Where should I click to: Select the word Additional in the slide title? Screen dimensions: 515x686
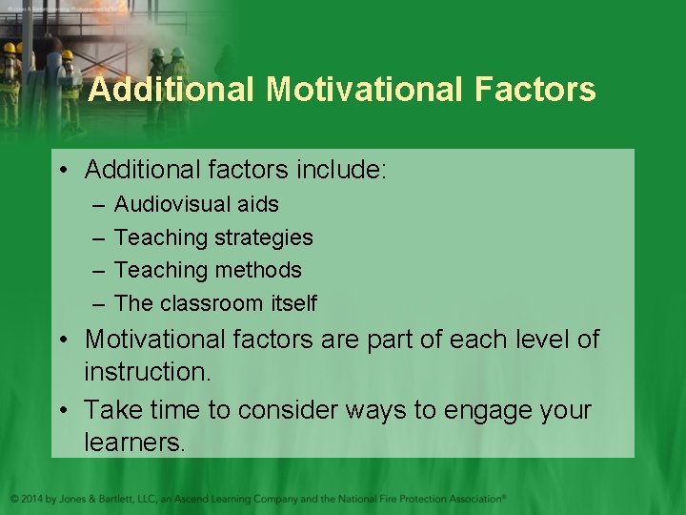click(172, 90)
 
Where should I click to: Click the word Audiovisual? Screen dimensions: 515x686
click(171, 204)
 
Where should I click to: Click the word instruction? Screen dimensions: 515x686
click(147, 372)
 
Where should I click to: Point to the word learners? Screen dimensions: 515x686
click(135, 443)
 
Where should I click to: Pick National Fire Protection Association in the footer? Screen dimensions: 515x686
click(420, 498)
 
